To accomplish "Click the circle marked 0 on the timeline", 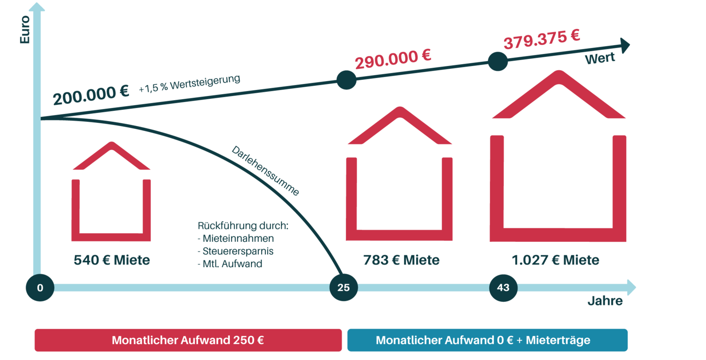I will pos(40,288).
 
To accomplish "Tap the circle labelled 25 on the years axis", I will pos(343,288).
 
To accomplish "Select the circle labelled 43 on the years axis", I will pos(503,288).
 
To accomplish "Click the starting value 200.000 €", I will pos(91,96).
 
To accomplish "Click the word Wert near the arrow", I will pos(600,60).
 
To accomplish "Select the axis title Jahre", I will pos(605,302).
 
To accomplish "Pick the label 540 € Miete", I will pos(112,260).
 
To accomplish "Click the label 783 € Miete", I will pos(400,260).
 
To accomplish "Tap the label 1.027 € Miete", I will pos(556,260).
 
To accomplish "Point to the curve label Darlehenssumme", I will pos(265,171).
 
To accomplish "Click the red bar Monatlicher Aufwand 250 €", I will pos(188,340).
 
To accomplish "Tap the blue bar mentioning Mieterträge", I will pos(487,340).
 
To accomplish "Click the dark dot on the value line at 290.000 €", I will pos(346,80).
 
